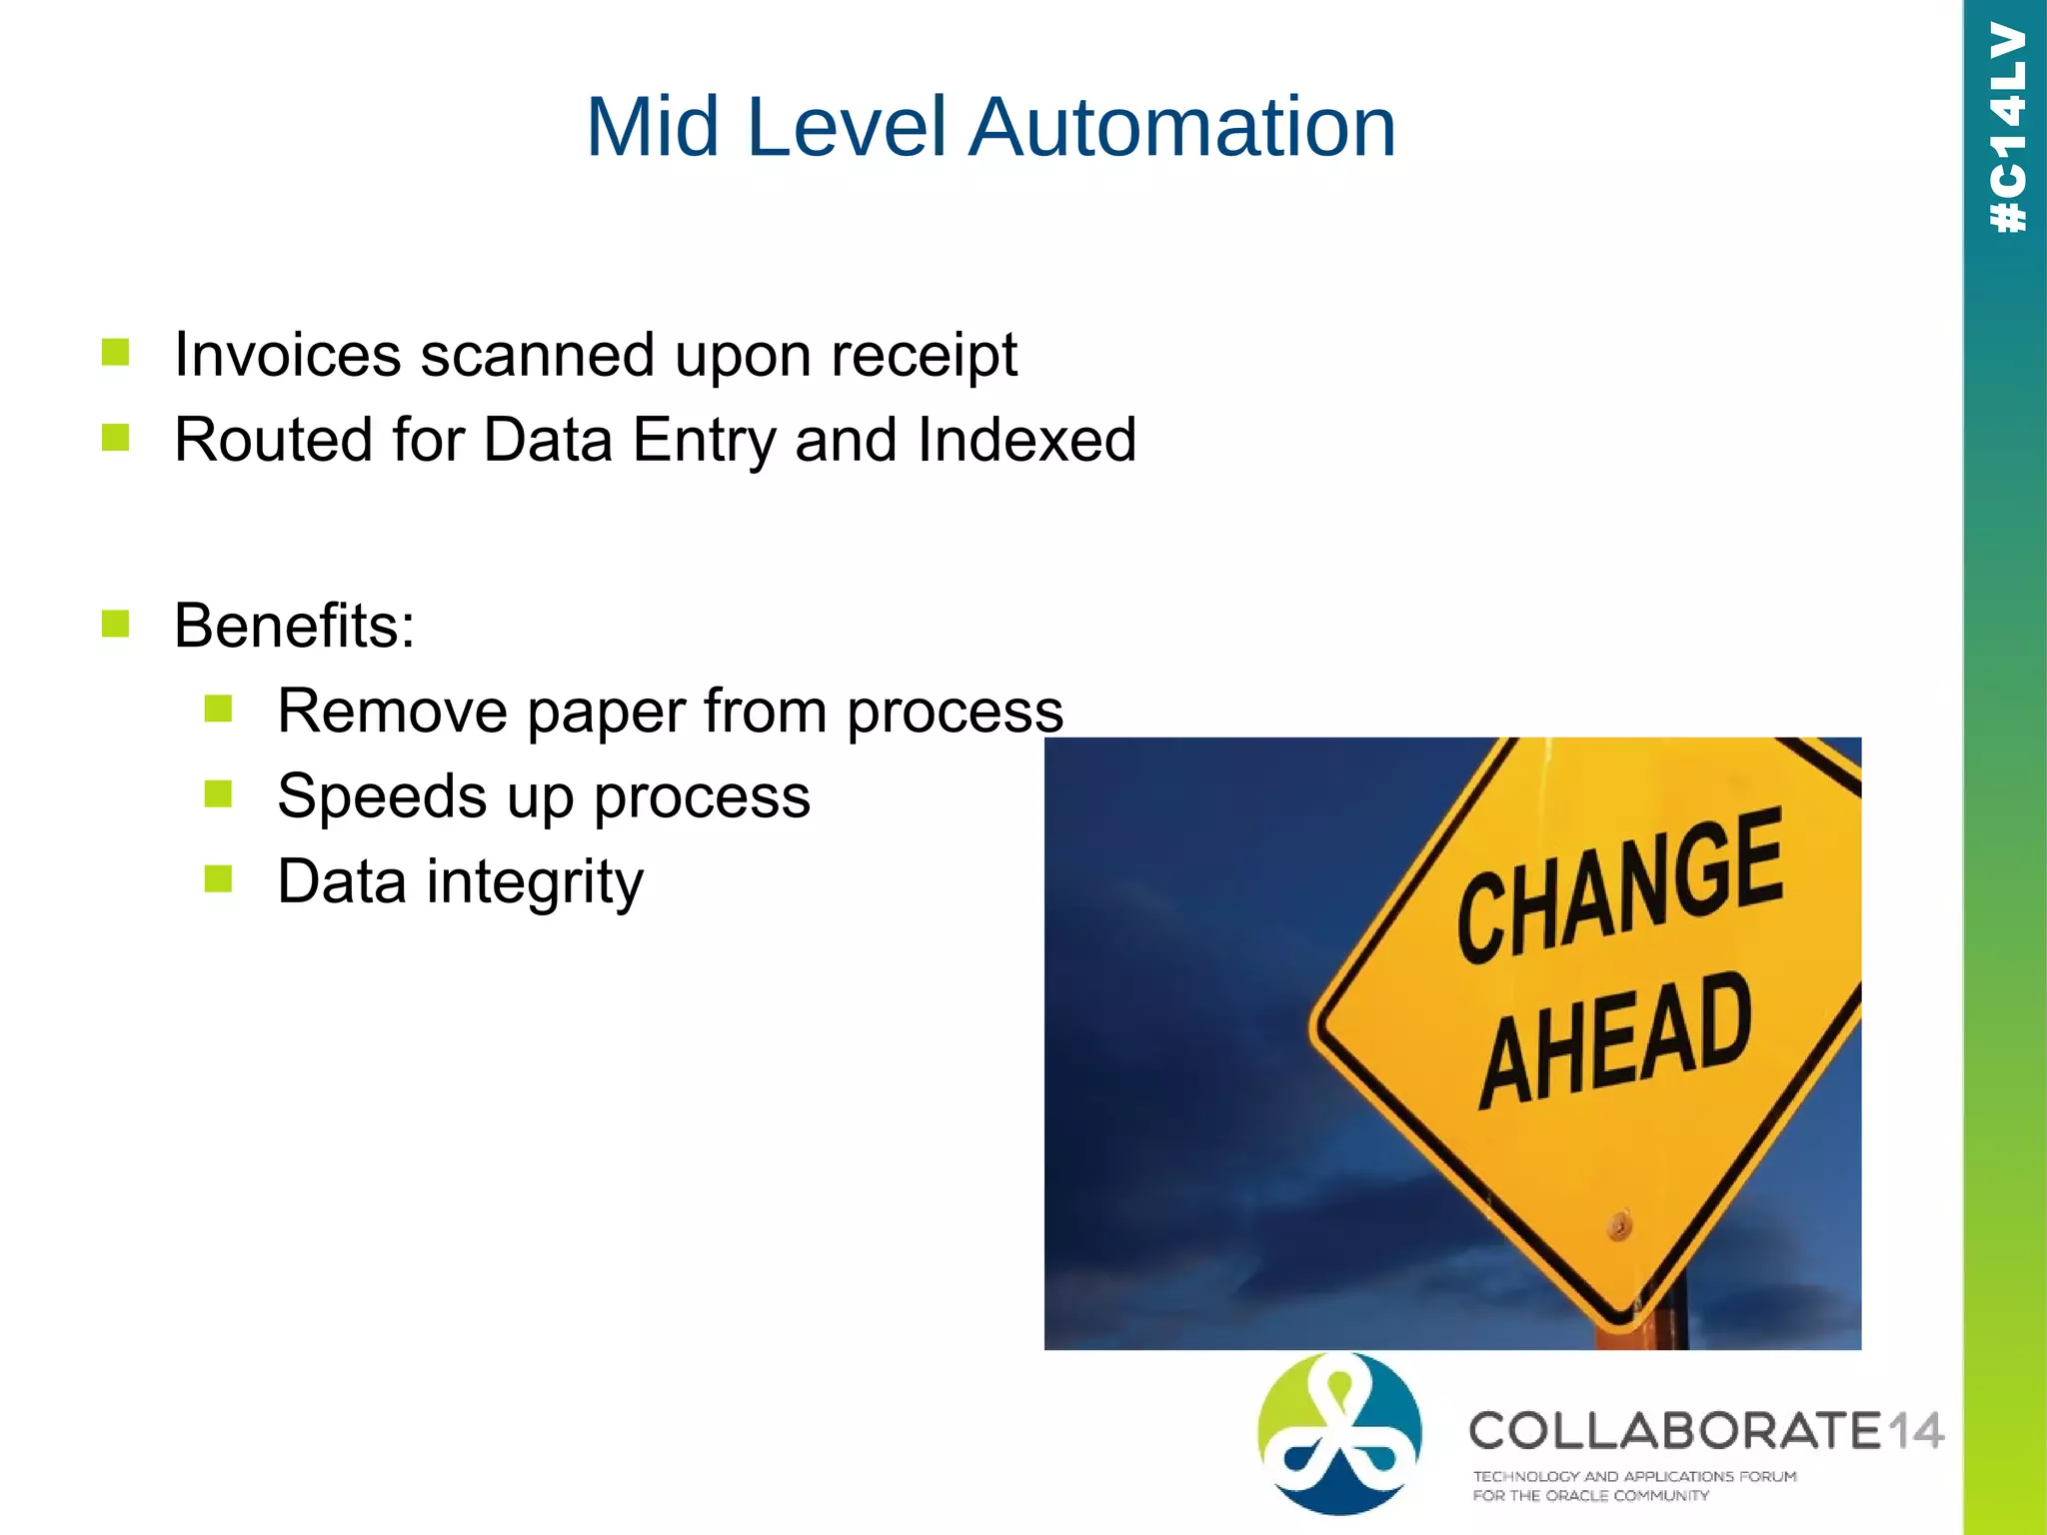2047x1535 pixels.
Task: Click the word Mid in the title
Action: tap(652, 127)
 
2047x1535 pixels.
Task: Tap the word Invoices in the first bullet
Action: tap(287, 355)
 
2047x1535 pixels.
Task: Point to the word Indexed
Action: tap(1026, 440)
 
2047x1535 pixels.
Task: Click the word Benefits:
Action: tap(294, 626)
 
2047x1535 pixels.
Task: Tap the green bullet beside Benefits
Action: tap(116, 624)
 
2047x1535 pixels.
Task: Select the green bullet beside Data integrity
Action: tap(218, 879)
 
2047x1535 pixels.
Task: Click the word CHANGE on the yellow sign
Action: tap(1619, 885)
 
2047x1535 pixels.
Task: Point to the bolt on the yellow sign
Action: tap(1619, 1224)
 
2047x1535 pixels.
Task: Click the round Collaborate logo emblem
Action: tap(1339, 1433)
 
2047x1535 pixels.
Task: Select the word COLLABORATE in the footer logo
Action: tap(1675, 1431)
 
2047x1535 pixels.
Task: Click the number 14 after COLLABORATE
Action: tap(1914, 1431)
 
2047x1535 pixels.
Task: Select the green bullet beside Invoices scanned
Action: tap(116, 352)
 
